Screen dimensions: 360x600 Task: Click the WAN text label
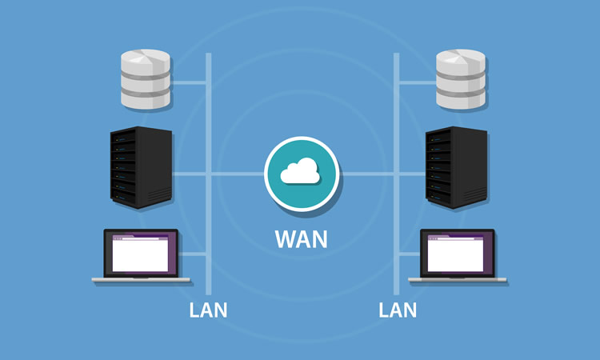pyautogui.click(x=301, y=238)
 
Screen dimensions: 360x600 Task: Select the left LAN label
pyautogui.click(x=208, y=310)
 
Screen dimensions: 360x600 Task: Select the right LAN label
pyautogui.click(x=398, y=310)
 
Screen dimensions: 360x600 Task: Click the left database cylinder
pyautogui.click(x=145, y=79)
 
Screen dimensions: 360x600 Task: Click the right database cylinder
pyautogui.click(x=460, y=79)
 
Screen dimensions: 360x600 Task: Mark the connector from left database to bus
pyautogui.click(x=190, y=81)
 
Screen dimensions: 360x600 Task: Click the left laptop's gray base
pyautogui.click(x=141, y=280)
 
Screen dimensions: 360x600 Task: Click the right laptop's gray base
pyautogui.click(x=458, y=280)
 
